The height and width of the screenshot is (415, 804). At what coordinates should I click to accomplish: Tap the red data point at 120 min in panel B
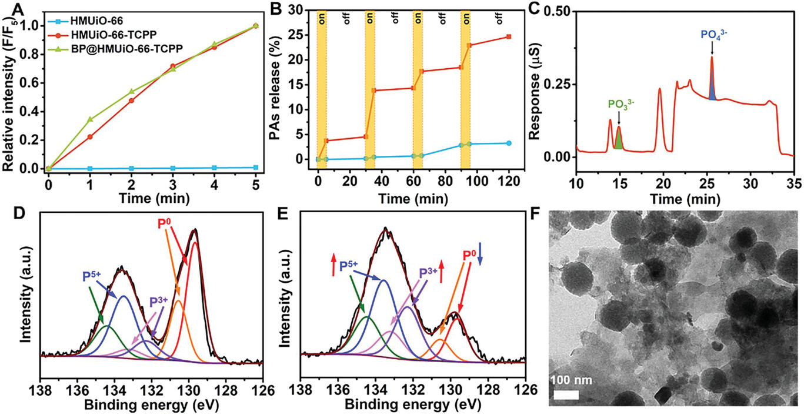click(x=509, y=36)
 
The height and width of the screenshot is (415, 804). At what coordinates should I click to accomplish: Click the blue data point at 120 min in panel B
click(x=509, y=143)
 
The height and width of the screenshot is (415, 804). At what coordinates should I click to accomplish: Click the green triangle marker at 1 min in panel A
click(x=90, y=119)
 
